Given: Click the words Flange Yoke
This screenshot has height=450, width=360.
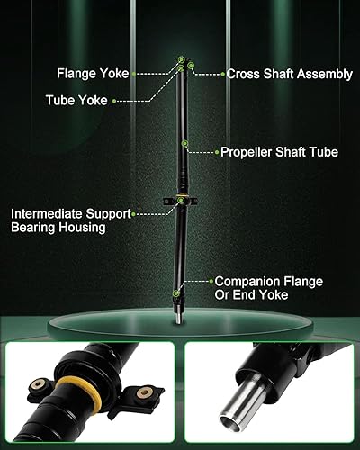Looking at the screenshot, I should click(91, 73).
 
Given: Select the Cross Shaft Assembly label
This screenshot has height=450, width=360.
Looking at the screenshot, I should click(289, 74).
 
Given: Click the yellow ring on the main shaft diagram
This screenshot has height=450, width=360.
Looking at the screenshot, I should click(182, 198).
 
